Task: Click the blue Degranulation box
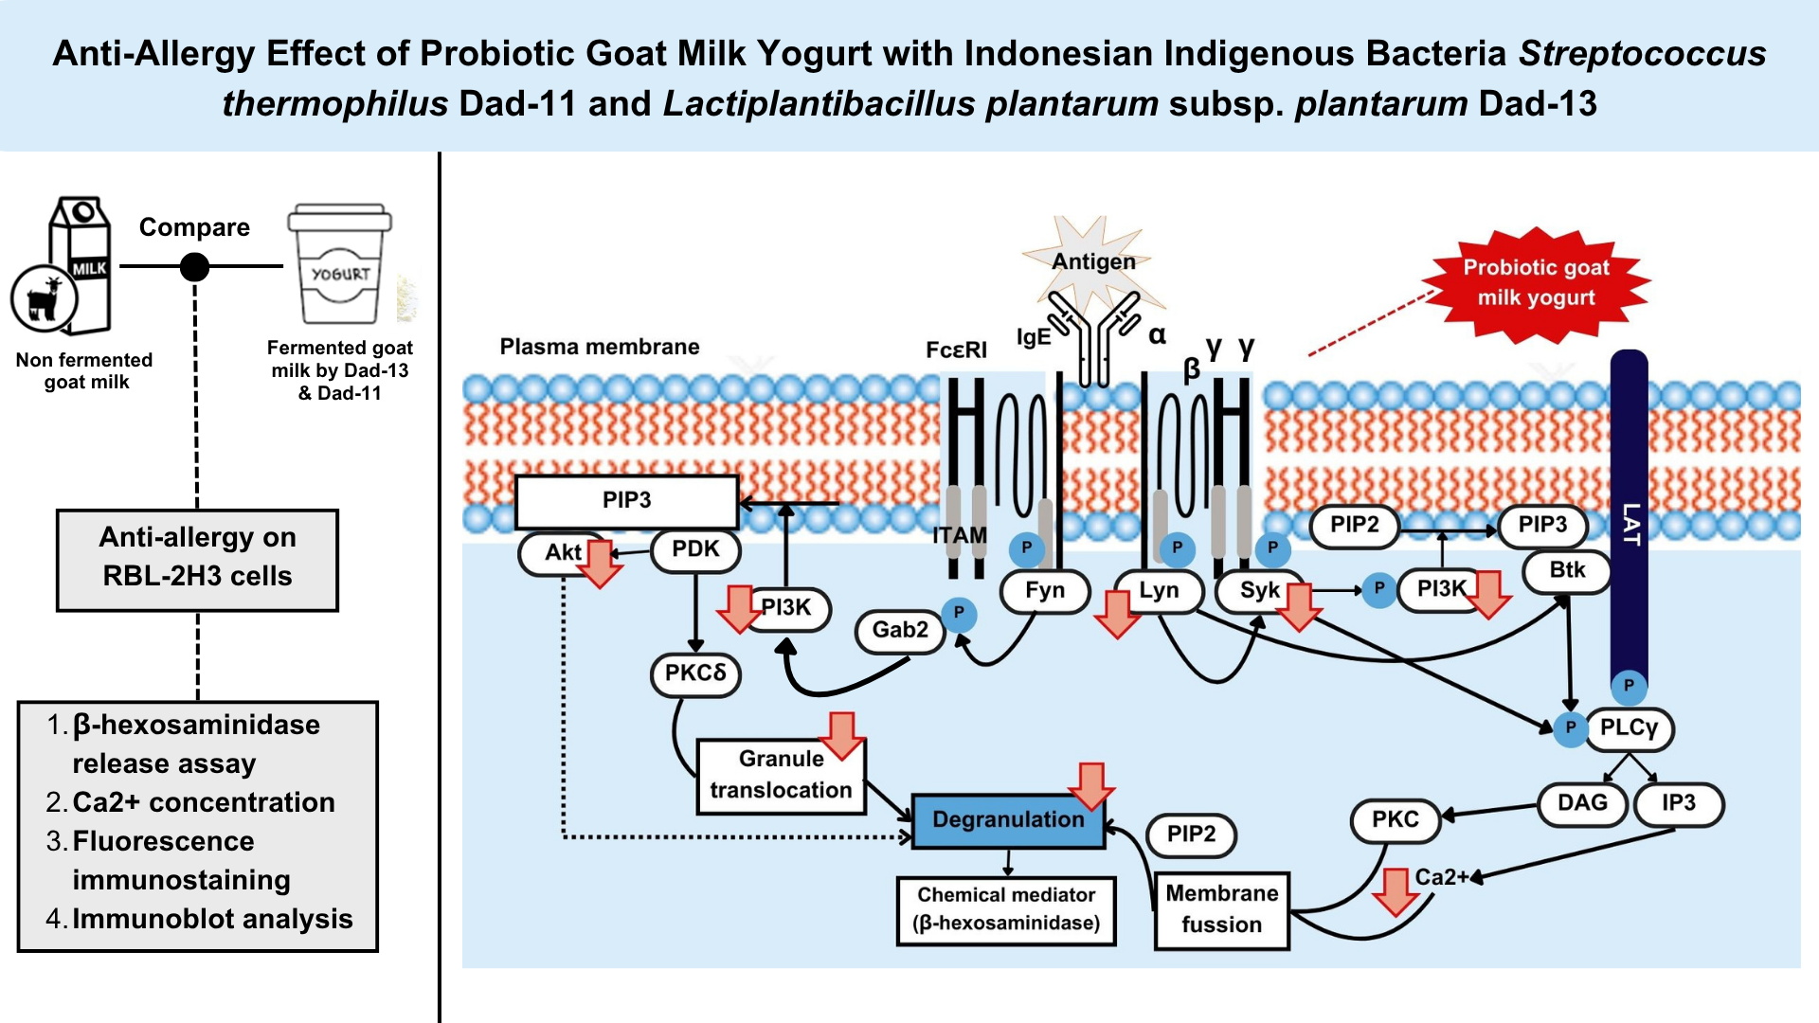point(1008,820)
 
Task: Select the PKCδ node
point(695,673)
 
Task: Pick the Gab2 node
point(900,630)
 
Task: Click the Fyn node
point(1045,590)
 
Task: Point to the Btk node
point(1567,570)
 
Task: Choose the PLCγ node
point(1630,727)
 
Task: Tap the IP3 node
point(1679,803)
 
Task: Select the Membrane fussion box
point(1222,909)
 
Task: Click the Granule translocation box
point(781,776)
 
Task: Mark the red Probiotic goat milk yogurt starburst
point(1536,282)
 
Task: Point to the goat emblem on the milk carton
point(44,299)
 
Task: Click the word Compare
point(194,227)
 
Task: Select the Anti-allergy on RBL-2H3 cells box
point(197,559)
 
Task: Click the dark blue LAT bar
point(1629,521)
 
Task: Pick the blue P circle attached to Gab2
point(959,613)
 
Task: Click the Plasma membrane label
point(600,347)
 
